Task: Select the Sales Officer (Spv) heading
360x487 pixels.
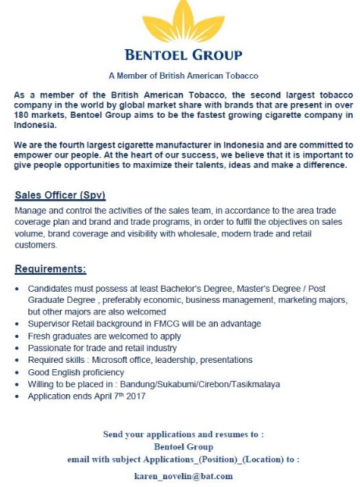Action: [60, 194]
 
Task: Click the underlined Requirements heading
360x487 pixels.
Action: [51, 269]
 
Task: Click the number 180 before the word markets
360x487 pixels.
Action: [23, 115]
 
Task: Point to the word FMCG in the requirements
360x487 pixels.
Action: [161, 322]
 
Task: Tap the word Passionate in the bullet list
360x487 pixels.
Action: [47, 347]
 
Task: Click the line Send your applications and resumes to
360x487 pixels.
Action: [184, 434]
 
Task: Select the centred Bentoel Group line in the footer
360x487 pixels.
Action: [184, 446]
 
